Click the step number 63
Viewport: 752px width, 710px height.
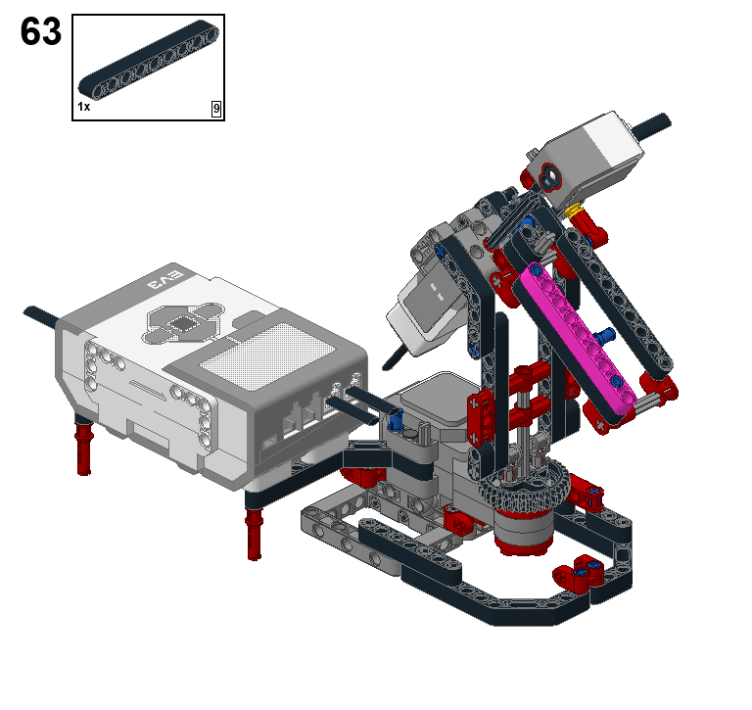pos(41,31)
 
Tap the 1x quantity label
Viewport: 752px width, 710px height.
pos(84,107)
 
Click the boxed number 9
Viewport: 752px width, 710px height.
pos(216,109)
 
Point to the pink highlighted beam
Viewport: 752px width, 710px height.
pos(579,339)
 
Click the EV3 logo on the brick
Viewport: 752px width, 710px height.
pos(165,280)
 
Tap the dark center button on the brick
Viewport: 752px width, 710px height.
pos(184,323)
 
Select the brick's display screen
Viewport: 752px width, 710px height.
pos(266,355)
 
